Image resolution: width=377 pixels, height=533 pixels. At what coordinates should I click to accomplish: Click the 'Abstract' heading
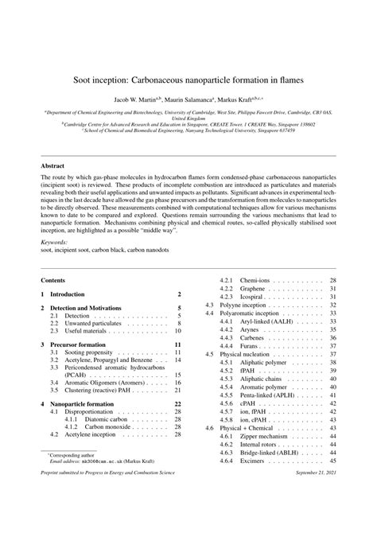pos(53,166)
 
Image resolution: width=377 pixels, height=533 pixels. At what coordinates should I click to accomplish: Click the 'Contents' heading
pos(53,281)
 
